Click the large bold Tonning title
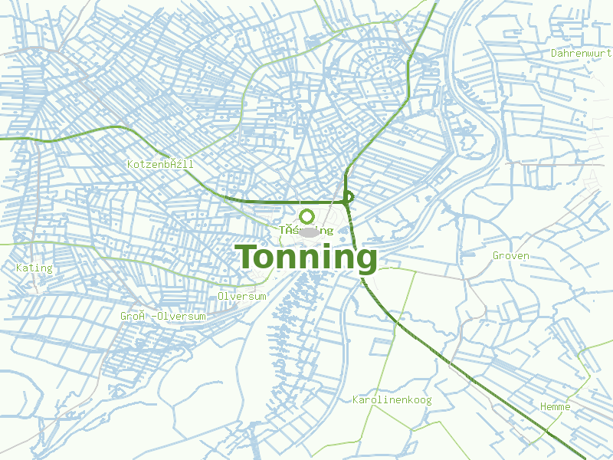pos(306,258)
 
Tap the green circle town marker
pos(307,217)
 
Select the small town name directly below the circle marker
pos(306,230)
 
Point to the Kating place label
pos(34,268)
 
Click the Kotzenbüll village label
pos(160,164)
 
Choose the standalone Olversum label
pos(242,296)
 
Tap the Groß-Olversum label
pos(163,316)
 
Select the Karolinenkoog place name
pos(392,399)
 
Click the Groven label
pos(511,255)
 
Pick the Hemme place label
pos(556,406)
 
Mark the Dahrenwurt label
pos(582,53)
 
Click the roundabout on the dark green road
pos(348,197)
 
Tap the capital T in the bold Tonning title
pos(246,257)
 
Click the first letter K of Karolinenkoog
pos(356,399)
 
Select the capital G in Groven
pos(497,255)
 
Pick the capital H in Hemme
pos(543,406)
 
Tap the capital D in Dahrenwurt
pos(554,53)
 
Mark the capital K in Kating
pos(19,268)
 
